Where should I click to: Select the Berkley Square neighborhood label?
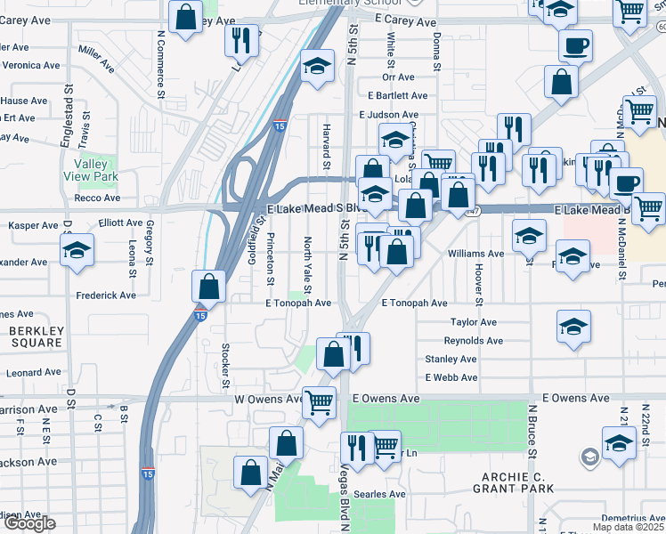(x=37, y=336)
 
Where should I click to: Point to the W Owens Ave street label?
(x=271, y=399)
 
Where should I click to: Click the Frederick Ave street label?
(x=106, y=295)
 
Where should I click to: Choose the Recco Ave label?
(x=98, y=198)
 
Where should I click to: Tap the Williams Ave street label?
(x=475, y=254)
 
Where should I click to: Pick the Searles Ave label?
(x=382, y=494)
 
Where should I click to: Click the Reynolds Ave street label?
(x=473, y=341)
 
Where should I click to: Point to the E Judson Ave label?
(x=388, y=115)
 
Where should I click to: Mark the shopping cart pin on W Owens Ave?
(x=319, y=400)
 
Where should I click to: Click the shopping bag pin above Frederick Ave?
(x=208, y=287)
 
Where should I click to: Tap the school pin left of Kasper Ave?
(x=77, y=250)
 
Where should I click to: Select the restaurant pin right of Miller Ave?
(x=240, y=39)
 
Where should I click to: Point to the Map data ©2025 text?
(x=629, y=527)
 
